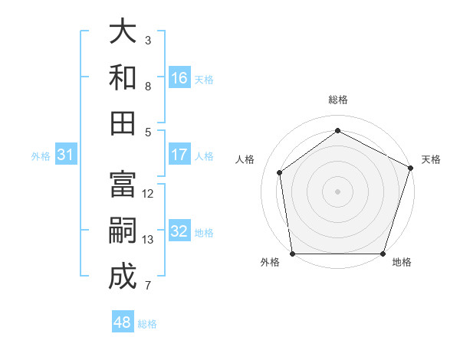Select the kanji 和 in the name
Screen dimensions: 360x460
[123, 77]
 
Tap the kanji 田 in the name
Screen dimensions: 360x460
[123, 123]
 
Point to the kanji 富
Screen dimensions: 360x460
[123, 185]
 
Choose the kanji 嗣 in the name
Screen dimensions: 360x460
[123, 231]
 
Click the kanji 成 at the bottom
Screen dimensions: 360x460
[123, 277]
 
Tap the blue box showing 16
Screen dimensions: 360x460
[179, 78]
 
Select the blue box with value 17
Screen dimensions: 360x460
[179, 155]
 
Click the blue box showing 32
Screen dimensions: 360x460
[179, 231]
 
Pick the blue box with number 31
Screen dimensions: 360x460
[66, 155]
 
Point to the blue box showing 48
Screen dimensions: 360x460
[122, 322]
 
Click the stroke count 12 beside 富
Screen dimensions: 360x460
[148, 194]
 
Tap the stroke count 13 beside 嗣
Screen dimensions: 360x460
[148, 240]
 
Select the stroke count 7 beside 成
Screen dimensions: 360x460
[148, 286]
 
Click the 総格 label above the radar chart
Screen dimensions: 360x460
[337, 100]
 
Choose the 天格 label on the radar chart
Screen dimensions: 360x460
[431, 159]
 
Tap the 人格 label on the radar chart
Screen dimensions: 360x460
[245, 159]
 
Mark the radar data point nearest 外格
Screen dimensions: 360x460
[292, 254]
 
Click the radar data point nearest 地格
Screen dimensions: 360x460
[383, 254]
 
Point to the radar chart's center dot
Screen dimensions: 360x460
[337, 191]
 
